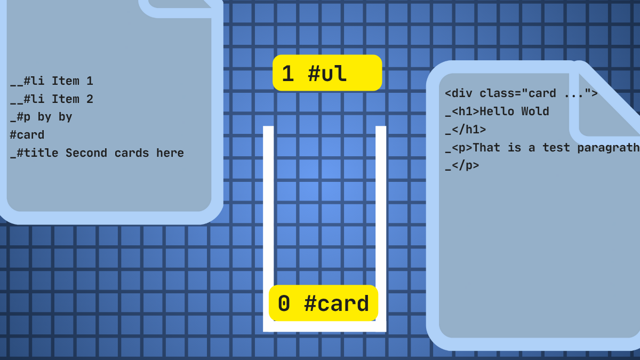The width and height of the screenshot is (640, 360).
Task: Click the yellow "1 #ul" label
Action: click(x=327, y=73)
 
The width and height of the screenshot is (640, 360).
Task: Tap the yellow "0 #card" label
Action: click(x=323, y=303)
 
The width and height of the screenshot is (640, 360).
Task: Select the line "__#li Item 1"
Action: click(x=52, y=81)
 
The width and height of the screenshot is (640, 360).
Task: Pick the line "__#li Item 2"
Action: click(x=52, y=99)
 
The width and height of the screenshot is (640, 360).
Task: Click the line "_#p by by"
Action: click(x=41, y=117)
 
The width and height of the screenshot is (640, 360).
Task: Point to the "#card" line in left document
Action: click(x=27, y=135)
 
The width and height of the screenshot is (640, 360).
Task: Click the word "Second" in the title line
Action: click(x=86, y=153)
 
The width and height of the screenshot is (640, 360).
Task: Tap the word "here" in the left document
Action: click(x=170, y=153)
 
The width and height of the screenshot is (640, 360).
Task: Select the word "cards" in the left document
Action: click(x=132, y=153)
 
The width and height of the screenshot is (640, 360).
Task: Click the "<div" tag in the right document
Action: click(x=459, y=93)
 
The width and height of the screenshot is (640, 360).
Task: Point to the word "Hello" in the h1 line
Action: click(x=497, y=111)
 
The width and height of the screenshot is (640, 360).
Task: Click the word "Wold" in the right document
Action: click(x=535, y=111)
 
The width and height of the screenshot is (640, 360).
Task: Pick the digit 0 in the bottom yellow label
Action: click(x=284, y=303)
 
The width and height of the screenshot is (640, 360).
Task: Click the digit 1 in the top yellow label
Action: click(x=287, y=74)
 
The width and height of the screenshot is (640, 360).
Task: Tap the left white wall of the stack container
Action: click(x=268, y=229)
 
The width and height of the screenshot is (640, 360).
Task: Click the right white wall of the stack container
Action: click(x=381, y=229)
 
